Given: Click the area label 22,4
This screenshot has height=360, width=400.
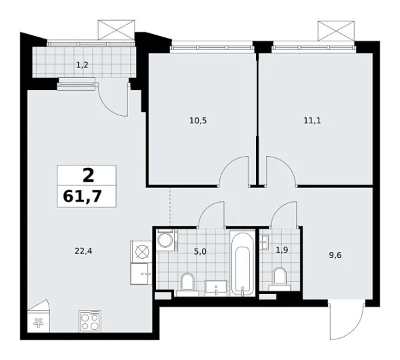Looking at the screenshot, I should point(82,251).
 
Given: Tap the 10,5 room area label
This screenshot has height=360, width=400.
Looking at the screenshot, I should point(199,121).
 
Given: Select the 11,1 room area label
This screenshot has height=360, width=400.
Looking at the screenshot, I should point(311,121).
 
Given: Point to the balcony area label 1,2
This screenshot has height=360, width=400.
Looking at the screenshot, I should point(81,65).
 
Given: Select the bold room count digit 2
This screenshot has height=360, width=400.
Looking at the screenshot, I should point(87,175).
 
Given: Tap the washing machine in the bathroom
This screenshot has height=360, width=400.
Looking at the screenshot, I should point(165,240).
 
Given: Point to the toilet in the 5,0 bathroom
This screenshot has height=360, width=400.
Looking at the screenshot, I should point(188,283).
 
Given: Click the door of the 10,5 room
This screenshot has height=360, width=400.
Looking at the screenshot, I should point(233,172).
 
